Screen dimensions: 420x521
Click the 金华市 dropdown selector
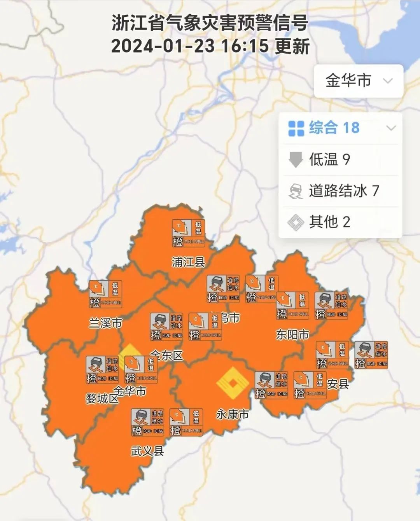coord(358,81)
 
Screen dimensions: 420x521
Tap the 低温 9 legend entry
coord(329,159)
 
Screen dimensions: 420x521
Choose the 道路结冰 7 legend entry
coord(344,191)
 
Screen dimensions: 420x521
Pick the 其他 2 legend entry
coord(329,222)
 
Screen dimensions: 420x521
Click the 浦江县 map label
coord(188,262)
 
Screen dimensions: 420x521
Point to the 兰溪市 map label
coord(105,323)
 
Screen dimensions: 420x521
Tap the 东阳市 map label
coord(292,334)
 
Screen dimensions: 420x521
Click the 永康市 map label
coord(233,414)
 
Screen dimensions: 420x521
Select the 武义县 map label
coord(147,451)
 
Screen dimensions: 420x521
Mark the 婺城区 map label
coord(102,399)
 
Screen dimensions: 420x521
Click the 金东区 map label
coord(167,355)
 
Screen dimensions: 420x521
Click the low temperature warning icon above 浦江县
coord(189,233)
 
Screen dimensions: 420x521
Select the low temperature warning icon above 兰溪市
coord(105,294)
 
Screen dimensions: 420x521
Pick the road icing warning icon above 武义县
coord(147,422)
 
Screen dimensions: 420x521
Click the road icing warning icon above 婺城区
coord(102,369)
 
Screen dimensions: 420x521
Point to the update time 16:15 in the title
coord(245,46)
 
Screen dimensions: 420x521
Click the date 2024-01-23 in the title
coord(163,46)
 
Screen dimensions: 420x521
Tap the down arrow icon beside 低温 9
coord(296,160)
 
